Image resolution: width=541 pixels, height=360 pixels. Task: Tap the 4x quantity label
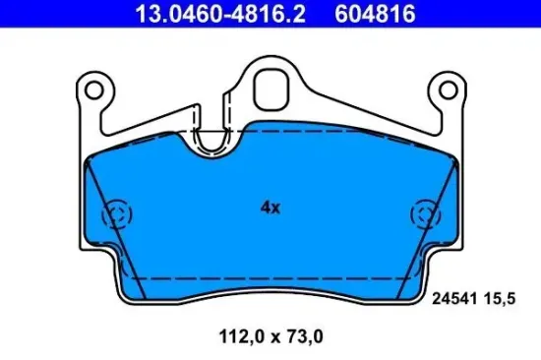point(270,209)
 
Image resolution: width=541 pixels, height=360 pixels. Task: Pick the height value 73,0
point(303,335)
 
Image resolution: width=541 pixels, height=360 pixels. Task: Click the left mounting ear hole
point(94,90)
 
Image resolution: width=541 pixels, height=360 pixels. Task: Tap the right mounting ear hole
point(448,90)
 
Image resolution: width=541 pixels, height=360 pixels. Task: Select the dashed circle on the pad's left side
point(118,214)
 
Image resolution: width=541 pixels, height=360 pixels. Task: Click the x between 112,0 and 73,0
point(271,335)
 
